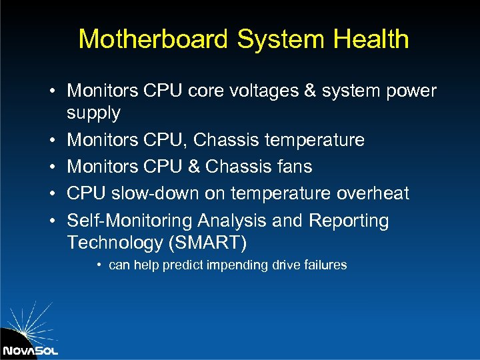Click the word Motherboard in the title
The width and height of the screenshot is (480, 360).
tap(154, 39)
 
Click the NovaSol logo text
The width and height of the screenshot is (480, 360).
tap(30, 350)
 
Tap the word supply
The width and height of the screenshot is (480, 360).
tap(93, 113)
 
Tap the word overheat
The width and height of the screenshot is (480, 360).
tap(373, 193)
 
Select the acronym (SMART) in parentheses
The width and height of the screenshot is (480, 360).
tap(210, 242)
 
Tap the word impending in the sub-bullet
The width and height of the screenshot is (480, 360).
tap(238, 265)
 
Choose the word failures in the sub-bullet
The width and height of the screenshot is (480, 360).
tap(325, 265)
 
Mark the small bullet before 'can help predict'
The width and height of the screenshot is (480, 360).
tap(98, 265)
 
